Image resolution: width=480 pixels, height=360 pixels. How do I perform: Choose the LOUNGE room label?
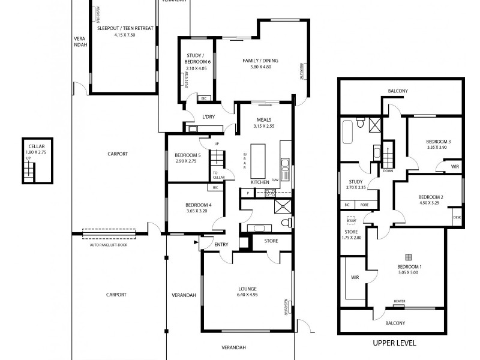coord(247,288)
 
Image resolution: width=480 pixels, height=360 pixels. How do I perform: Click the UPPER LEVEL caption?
coord(395,343)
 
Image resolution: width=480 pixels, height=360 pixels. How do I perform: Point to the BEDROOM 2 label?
coord(430,197)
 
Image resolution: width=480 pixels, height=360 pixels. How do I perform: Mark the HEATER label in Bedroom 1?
coord(399,302)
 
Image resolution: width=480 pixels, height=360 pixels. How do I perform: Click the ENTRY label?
coord(221,244)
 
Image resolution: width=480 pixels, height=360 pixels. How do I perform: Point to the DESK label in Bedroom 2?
coord(457,217)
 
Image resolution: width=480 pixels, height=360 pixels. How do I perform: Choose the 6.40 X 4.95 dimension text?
coord(247,295)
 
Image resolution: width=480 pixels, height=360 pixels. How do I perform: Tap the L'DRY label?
coord(208,116)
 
